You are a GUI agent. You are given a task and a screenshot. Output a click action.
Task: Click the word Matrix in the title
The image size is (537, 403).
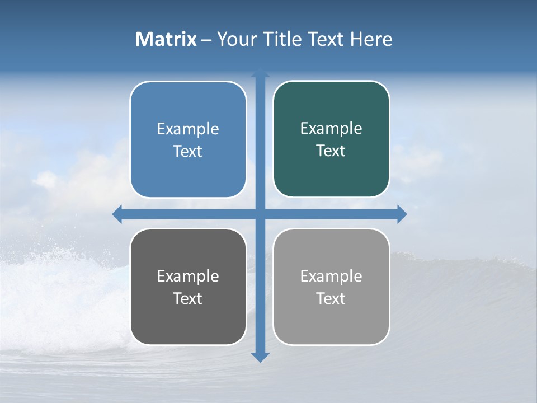166,39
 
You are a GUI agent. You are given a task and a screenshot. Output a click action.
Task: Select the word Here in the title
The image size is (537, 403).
371,39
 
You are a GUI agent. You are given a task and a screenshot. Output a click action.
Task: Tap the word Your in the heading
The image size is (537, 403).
237,39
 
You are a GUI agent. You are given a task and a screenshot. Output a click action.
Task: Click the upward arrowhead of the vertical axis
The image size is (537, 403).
260,73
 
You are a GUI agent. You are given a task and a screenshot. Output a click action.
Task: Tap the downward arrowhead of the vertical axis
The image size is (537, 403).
260,357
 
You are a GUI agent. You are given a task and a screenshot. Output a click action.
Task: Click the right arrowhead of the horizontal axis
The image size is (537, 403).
402,214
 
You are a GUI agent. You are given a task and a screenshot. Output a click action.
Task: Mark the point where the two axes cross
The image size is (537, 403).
260,214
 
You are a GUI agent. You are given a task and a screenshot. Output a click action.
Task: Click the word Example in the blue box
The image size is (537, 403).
188,129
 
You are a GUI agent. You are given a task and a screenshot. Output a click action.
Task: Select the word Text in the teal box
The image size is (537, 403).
331,151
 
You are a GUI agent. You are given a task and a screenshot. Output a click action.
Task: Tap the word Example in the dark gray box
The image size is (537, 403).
188,277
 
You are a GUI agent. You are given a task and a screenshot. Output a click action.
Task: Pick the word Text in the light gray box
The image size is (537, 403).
331,299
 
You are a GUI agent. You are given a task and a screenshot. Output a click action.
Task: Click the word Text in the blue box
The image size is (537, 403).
188,152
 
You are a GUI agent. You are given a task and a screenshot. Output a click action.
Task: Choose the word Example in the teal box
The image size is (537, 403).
331,129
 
